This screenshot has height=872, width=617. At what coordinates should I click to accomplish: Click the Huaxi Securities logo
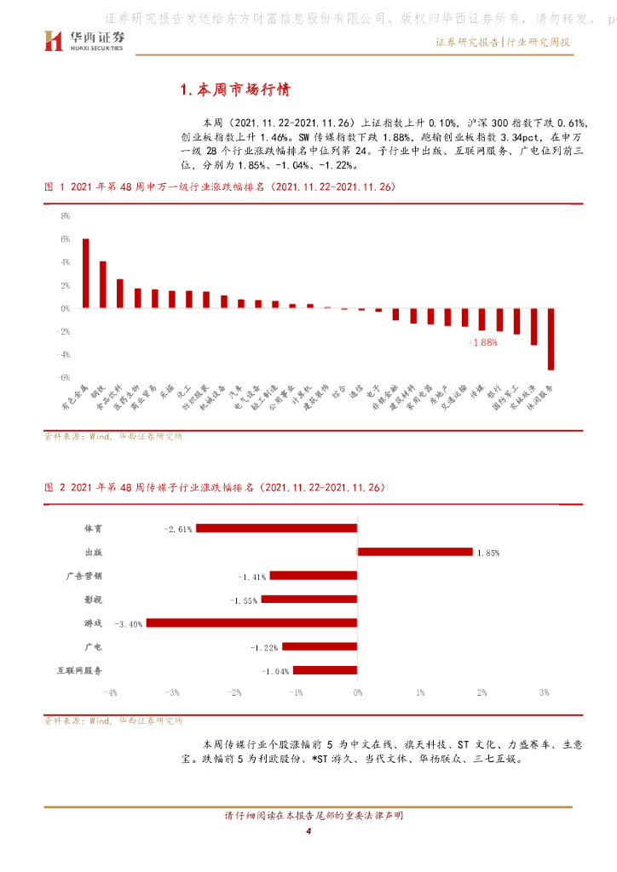84,39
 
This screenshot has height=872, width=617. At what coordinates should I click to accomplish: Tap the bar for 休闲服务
551,339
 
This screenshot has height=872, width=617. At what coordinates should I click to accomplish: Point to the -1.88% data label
482,341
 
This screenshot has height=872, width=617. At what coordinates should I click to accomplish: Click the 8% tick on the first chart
64,216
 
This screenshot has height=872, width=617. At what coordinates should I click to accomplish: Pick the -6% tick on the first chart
63,377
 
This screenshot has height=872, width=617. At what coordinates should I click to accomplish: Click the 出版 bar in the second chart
415,552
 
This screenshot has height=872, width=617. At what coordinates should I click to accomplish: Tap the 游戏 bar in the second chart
251,623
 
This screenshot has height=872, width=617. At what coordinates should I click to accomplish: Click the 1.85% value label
488,553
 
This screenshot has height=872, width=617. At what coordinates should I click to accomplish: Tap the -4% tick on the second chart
111,692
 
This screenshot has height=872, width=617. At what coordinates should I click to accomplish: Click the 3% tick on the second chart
544,692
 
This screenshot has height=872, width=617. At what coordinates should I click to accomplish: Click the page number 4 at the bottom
308,831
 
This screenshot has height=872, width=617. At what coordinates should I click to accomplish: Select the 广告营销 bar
313,576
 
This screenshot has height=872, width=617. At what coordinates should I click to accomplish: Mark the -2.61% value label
179,529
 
